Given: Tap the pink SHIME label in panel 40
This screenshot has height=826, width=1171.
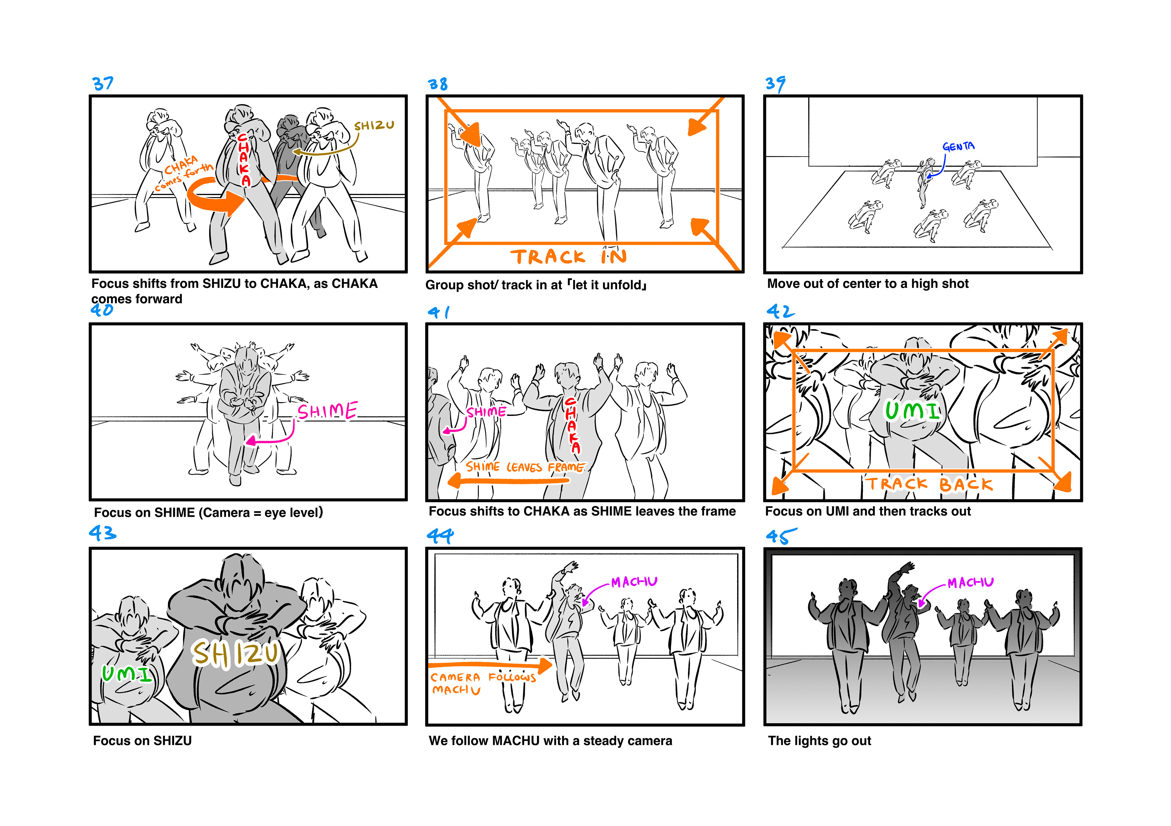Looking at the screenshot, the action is (x=328, y=411).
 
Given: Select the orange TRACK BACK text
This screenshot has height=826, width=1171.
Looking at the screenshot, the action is (x=929, y=484).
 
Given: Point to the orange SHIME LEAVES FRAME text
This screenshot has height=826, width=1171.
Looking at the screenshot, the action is (x=525, y=467).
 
